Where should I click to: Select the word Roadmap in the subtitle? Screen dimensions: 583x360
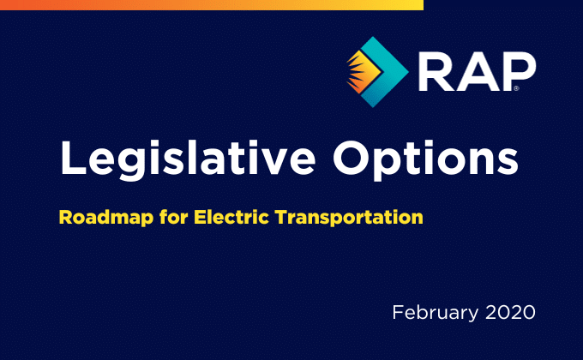[x=106, y=218]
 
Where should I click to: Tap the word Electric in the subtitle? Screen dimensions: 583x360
[x=231, y=217]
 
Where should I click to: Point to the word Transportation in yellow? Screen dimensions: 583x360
[x=349, y=218]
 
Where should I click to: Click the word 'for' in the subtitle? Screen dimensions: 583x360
[x=174, y=217]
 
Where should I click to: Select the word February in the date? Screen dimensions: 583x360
[x=436, y=313]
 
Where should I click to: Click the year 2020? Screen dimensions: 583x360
[x=510, y=312]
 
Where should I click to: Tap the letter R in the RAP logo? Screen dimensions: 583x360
[x=436, y=71]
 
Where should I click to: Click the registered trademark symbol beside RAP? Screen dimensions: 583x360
[x=516, y=88]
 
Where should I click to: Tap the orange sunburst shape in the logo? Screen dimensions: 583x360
[x=363, y=72]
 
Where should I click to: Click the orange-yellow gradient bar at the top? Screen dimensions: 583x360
[x=212, y=5]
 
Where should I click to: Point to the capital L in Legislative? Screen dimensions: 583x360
[x=73, y=158]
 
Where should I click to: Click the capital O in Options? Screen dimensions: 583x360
[x=352, y=158]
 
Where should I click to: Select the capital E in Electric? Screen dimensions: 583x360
[x=201, y=217]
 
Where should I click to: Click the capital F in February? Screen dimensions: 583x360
[x=398, y=312]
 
